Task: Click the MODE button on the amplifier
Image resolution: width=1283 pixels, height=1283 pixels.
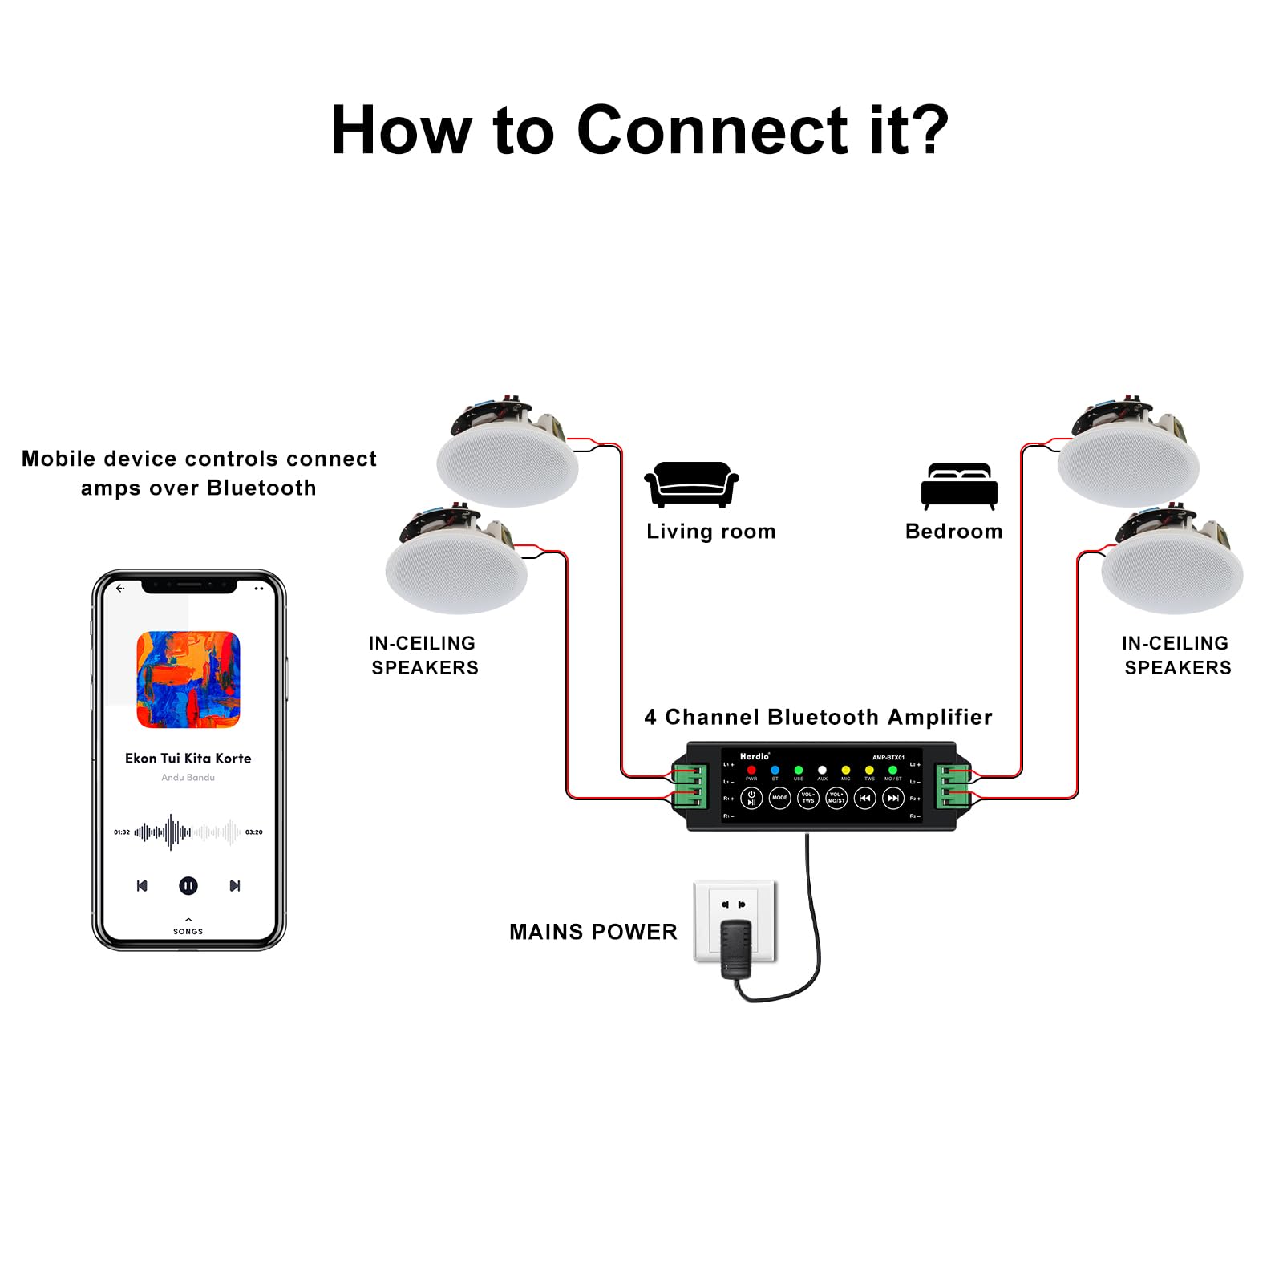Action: coord(779,798)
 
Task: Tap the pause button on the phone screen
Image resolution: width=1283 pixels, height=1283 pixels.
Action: coord(188,885)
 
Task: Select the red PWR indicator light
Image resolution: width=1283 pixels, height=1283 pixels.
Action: coord(751,771)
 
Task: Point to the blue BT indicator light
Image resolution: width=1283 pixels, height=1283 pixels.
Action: coord(775,771)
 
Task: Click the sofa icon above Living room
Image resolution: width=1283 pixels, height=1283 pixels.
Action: coord(691,484)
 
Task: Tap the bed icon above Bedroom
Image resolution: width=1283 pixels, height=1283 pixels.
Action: coord(959,485)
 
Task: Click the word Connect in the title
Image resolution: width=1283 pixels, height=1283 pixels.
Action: coord(712,130)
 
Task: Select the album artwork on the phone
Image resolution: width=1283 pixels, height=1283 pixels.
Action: coord(188,679)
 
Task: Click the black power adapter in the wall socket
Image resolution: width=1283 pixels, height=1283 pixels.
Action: coord(735,948)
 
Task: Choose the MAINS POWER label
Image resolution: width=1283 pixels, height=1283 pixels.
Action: coord(593,932)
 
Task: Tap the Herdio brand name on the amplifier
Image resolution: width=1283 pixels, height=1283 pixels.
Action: coord(755,756)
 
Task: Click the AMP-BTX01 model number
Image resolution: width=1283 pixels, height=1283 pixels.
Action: coord(888,757)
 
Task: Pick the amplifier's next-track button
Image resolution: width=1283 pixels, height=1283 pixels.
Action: coord(892,798)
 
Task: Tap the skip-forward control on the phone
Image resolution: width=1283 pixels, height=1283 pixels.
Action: coord(235,885)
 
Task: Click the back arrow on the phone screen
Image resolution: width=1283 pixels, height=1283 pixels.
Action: coord(120,588)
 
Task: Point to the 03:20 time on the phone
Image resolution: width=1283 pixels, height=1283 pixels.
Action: coord(254,832)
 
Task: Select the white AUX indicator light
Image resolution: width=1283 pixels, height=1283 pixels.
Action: coord(822,771)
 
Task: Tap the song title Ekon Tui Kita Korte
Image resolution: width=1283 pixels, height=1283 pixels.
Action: coord(188,758)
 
